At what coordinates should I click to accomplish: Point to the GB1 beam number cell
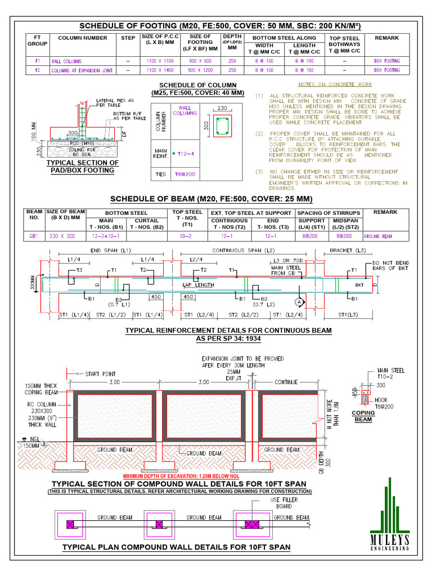coord(34,237)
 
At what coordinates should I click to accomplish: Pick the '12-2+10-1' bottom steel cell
coord(106,237)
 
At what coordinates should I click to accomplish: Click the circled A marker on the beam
coord(300,301)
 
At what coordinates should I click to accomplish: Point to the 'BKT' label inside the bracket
coord(359,286)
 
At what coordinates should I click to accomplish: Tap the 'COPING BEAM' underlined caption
coord(363,416)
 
